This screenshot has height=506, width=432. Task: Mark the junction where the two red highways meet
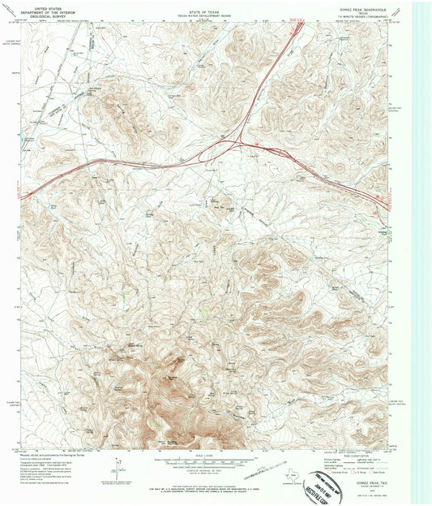(x=241, y=144)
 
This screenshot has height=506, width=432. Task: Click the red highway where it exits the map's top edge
(x=300, y=24)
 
